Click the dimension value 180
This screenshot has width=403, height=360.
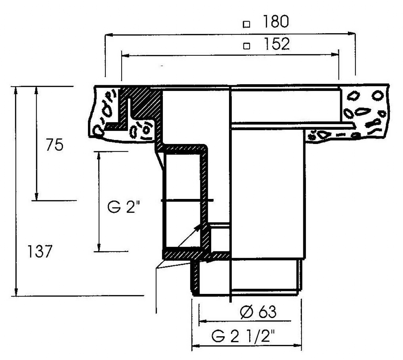(275, 21)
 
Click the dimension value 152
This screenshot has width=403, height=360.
(277, 44)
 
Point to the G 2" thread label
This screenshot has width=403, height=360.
(124, 207)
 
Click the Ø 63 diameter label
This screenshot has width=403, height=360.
(258, 312)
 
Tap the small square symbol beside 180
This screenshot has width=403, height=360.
(247, 24)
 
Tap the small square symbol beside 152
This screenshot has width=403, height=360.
(247, 46)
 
